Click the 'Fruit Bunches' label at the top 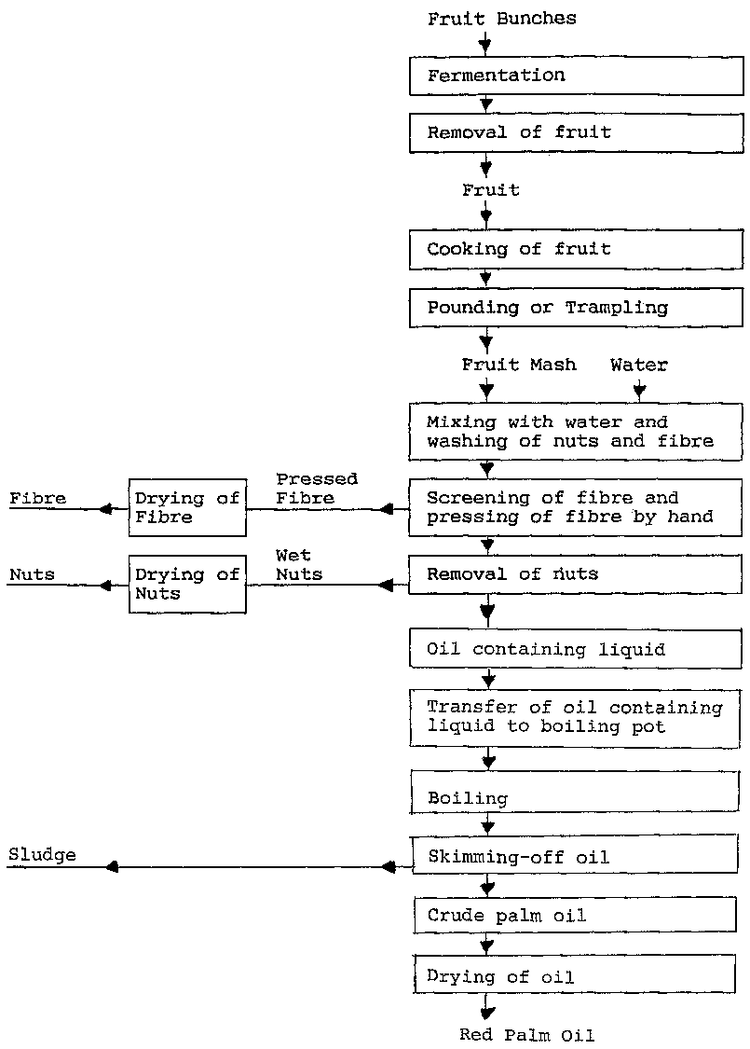point(502,18)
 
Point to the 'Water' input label point(639,365)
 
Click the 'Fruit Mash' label point(519,365)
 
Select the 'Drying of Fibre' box point(187,508)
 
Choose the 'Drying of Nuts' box point(187,585)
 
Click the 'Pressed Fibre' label point(317,488)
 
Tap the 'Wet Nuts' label point(299,565)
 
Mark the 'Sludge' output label point(43,854)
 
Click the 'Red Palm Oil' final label point(526,1034)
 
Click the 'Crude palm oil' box point(577,916)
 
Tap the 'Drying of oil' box point(577,976)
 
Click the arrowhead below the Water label point(639,389)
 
